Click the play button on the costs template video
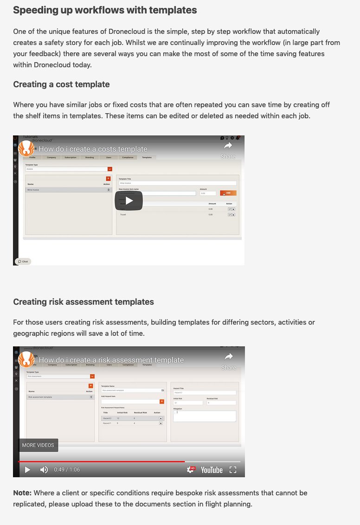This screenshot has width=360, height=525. (129, 200)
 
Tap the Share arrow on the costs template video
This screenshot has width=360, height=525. (228, 148)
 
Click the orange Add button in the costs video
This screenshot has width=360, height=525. (228, 193)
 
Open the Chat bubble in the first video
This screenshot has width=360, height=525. (23, 261)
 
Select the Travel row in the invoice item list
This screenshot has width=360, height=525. (123, 214)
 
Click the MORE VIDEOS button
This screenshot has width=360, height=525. (38, 445)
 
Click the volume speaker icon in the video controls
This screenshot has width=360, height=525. (44, 470)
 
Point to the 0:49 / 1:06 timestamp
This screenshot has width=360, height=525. (67, 470)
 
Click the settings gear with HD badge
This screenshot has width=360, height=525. (191, 470)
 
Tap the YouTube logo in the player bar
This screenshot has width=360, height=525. (212, 470)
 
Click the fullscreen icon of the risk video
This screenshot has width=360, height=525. (233, 470)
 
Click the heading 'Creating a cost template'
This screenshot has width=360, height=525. (61, 84)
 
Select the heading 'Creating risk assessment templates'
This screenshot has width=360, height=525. (84, 302)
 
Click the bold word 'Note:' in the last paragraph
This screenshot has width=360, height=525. (22, 493)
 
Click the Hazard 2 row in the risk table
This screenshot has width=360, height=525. (130, 418)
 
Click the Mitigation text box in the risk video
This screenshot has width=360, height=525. (205, 416)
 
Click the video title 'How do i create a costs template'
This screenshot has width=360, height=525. (93, 149)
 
